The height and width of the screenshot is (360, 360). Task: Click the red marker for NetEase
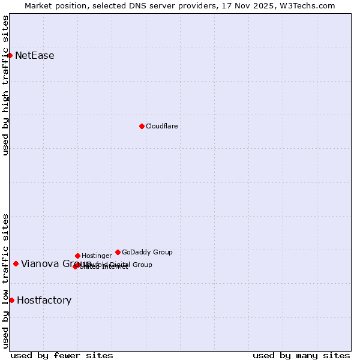10,56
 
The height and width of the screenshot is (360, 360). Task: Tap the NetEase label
35,56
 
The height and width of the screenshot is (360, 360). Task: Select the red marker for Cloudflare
142,126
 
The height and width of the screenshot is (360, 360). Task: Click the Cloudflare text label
162,126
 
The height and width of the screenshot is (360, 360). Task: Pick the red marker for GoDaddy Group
118,252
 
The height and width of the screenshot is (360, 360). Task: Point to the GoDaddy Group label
147,252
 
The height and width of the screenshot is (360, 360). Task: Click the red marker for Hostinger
77,256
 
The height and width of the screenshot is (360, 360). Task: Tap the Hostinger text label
97,256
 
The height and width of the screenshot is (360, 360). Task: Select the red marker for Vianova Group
16,263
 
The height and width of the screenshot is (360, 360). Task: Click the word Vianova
40,264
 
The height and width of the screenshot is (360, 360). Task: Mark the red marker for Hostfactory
11,300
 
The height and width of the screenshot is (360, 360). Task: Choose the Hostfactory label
44,300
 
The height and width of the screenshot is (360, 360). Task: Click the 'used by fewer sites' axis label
62,355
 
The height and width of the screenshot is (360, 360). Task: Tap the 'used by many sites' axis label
301,355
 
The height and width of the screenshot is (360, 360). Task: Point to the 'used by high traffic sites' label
5,85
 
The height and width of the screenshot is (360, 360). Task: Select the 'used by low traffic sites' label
5,281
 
